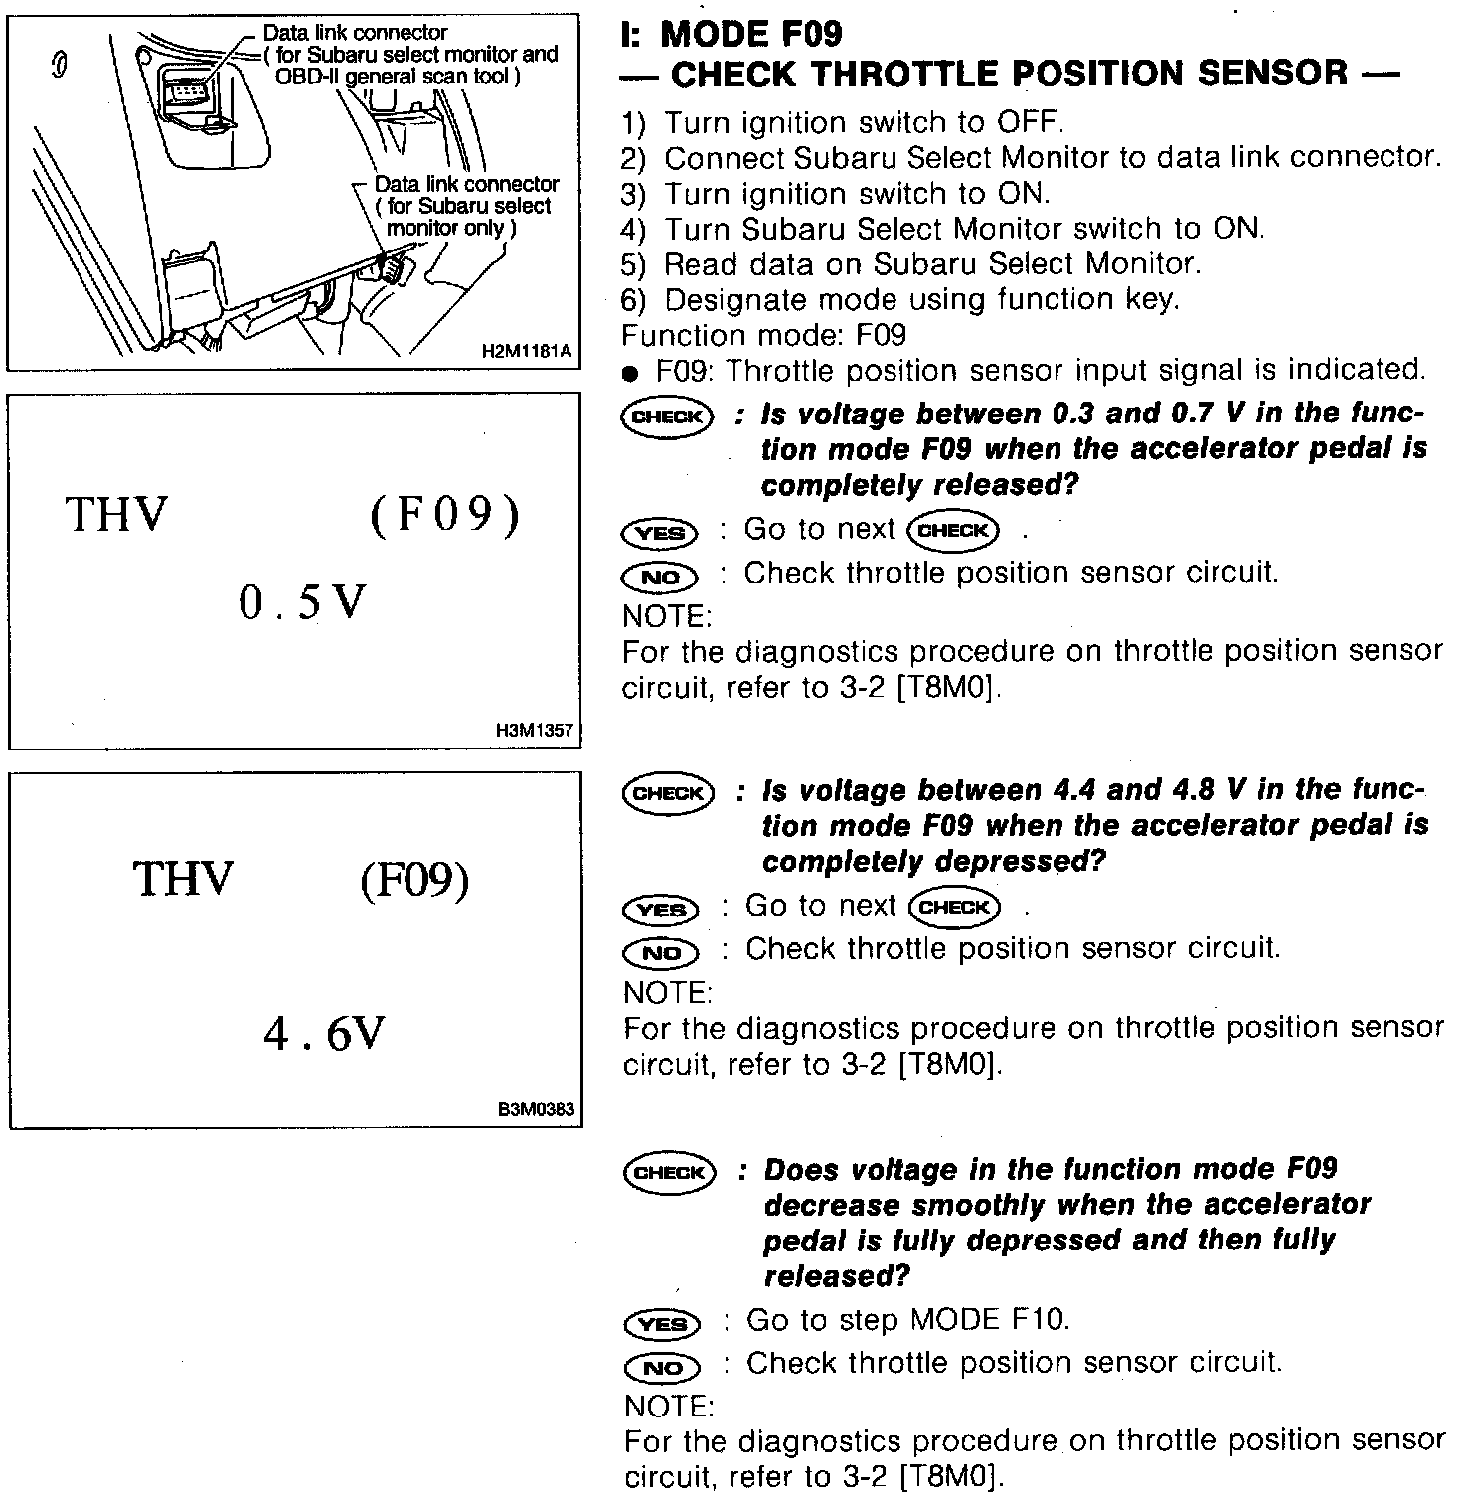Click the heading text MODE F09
pyautogui.click(x=750, y=34)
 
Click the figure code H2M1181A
pyautogui.click(x=528, y=351)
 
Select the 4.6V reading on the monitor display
pyautogui.click(x=323, y=1035)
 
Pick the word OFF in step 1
pyautogui.click(x=1029, y=123)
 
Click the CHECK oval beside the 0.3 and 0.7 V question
pyautogui.click(x=666, y=416)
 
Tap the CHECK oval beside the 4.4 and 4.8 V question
pyautogui.click(x=667, y=793)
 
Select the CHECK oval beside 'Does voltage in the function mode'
pyautogui.click(x=669, y=1172)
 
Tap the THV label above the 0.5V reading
pyautogui.click(x=116, y=515)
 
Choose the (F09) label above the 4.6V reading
pyautogui.click(x=413, y=879)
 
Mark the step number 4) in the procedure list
pyautogui.click(x=633, y=230)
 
